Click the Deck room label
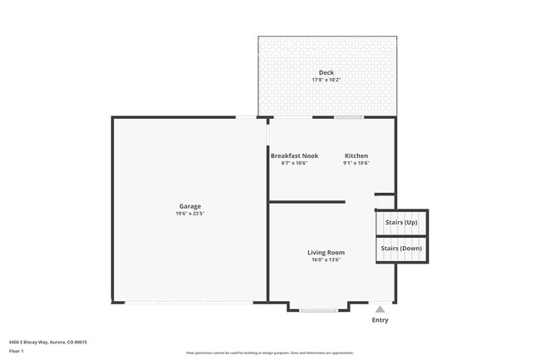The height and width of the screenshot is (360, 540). point(326,72)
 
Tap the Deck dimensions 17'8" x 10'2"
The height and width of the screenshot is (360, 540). point(326,80)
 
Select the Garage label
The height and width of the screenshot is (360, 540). point(190,206)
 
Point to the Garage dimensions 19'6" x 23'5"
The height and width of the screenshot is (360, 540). point(190,214)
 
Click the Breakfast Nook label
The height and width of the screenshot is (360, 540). point(294,155)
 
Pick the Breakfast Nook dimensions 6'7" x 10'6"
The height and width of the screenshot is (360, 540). point(294,163)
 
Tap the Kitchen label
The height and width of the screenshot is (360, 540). point(356,155)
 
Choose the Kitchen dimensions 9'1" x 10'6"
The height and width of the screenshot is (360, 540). point(356,163)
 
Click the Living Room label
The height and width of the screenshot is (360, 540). point(326,253)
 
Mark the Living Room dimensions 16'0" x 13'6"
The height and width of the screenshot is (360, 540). point(326,260)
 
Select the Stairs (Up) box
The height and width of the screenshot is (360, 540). point(401,223)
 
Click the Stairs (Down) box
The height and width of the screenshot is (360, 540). point(401,249)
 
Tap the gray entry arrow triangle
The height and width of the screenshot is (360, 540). point(380,308)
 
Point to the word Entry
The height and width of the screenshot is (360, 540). point(380,320)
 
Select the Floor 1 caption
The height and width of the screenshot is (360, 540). point(17,351)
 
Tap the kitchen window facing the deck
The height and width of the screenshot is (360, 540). point(349,117)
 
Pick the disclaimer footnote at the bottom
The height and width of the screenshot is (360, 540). point(270,353)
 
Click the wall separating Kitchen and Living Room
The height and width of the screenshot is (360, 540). point(307,201)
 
